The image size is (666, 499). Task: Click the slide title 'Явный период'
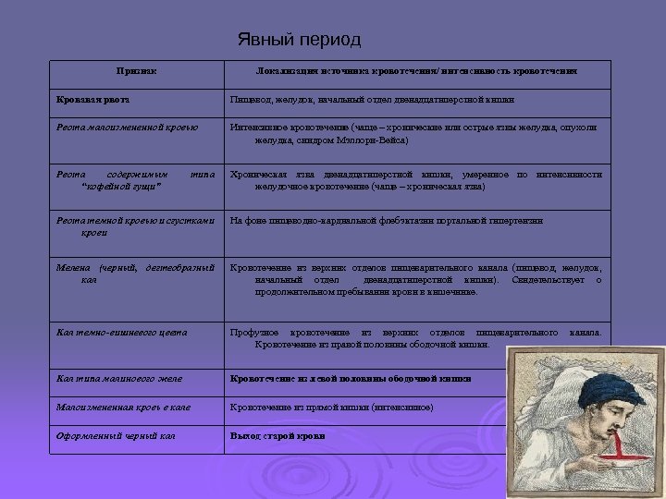pos(300,41)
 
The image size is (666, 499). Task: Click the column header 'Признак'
pos(136,71)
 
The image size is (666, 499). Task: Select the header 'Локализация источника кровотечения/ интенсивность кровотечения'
pos(417,71)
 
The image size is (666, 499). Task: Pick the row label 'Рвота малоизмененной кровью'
pos(128,127)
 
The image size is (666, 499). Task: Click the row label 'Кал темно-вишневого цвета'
pos(122,332)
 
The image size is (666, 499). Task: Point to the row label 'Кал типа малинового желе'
pos(119,378)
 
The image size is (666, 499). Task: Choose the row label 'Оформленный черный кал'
pos(117,435)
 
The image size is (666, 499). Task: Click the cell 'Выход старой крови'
pos(277,435)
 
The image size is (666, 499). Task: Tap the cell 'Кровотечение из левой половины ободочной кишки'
pos(351,378)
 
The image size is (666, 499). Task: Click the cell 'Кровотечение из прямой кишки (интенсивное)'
pos(331,407)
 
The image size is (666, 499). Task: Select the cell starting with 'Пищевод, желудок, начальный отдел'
pos(372,98)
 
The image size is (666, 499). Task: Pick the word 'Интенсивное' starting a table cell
pos(260,127)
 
